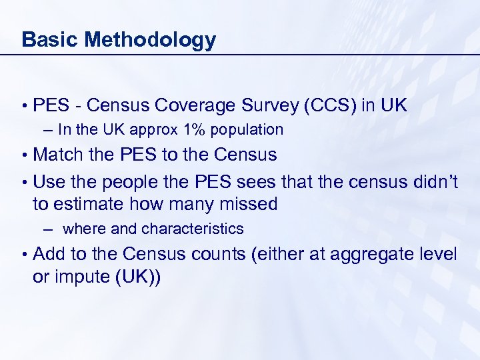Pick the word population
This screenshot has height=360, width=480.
tap(247, 130)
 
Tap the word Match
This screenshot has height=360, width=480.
tap(59, 155)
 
